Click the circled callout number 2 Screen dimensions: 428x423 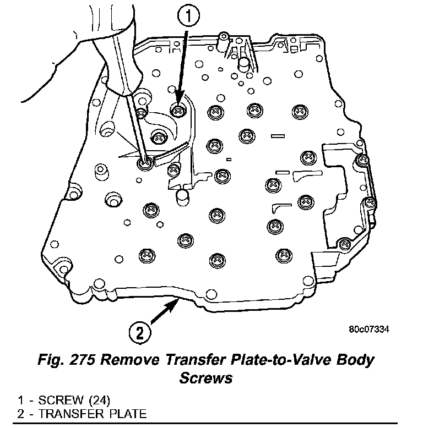pos(140,332)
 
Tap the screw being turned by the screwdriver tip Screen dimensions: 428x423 pos(146,162)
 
